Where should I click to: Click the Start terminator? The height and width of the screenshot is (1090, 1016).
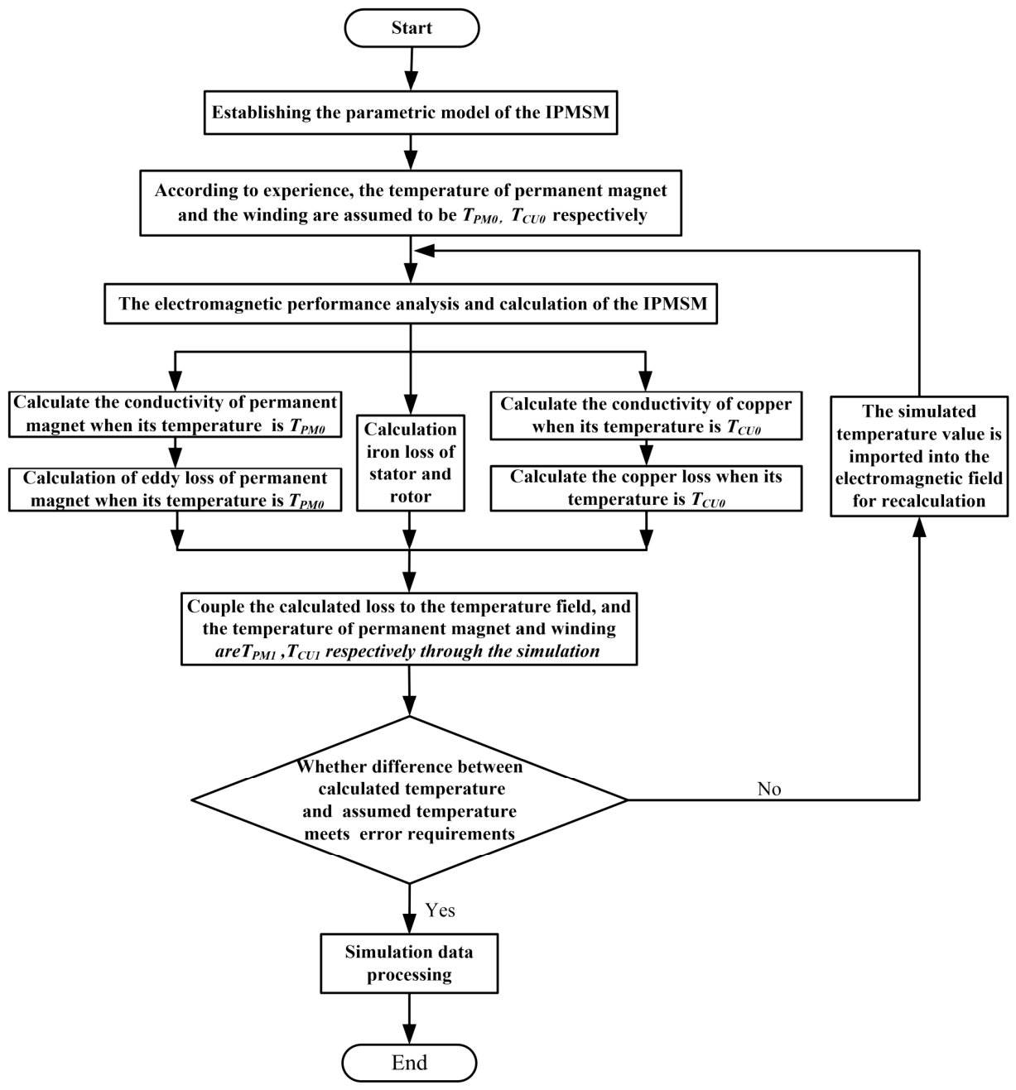(x=412, y=27)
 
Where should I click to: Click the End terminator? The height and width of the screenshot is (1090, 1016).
(x=409, y=1063)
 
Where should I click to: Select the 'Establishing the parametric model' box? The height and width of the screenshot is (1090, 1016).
(x=410, y=113)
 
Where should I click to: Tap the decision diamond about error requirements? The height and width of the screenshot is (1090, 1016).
(x=409, y=799)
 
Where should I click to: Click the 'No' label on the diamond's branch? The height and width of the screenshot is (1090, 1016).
(x=769, y=789)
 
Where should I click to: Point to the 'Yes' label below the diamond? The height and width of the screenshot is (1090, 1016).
(x=440, y=910)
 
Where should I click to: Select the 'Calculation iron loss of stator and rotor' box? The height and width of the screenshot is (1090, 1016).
(x=410, y=463)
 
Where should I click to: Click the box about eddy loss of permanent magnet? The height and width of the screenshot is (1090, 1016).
(x=176, y=489)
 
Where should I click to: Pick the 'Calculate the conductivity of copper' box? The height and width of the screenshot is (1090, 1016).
(x=646, y=415)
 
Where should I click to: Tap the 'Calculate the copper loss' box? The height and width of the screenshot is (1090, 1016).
(x=646, y=488)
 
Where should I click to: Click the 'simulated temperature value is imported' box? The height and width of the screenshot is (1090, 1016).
(x=919, y=456)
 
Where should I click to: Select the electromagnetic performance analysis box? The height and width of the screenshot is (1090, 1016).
(x=410, y=304)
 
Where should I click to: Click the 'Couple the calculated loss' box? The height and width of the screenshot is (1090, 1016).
(x=409, y=628)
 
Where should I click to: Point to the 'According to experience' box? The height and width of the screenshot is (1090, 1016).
(x=410, y=203)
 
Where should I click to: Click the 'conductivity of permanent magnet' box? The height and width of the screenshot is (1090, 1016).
(x=176, y=415)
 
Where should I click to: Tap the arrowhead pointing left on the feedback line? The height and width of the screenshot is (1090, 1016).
(x=424, y=250)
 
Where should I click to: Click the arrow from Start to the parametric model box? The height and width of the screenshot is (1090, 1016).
(x=412, y=69)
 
